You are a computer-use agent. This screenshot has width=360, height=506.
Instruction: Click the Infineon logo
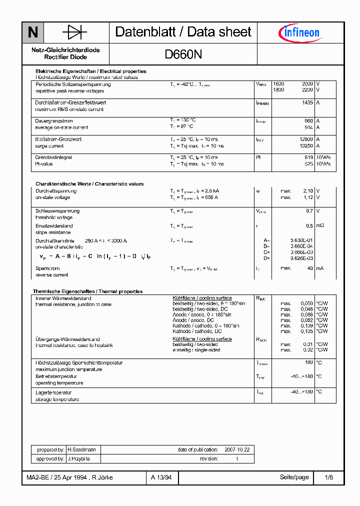click(298, 33)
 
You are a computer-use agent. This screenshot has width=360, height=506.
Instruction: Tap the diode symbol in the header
click(74, 33)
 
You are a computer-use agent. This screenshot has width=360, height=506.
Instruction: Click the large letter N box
click(33, 33)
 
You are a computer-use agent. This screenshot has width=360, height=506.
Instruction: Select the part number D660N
click(183, 54)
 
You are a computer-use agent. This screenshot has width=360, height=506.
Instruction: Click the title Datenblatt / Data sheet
click(183, 32)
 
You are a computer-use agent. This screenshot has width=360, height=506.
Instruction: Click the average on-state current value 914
click(308, 127)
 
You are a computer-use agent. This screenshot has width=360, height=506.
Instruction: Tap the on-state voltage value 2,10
click(307, 191)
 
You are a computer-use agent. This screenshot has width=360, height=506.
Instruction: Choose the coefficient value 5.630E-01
click(302, 240)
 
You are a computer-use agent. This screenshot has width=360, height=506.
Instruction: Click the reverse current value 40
click(310, 268)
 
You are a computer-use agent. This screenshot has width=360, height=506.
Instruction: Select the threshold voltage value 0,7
click(309, 211)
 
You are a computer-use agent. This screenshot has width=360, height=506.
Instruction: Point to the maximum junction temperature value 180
click(309, 362)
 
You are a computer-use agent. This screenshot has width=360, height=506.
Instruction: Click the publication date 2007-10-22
click(237, 450)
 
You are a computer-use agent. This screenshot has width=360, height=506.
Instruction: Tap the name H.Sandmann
click(78, 450)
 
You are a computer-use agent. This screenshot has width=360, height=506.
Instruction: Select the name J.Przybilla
click(78, 458)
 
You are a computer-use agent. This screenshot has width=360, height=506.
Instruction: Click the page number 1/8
click(328, 477)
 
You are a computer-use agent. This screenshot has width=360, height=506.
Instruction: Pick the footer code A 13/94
click(161, 477)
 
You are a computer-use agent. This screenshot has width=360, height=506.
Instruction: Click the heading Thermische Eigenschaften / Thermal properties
click(87, 291)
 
